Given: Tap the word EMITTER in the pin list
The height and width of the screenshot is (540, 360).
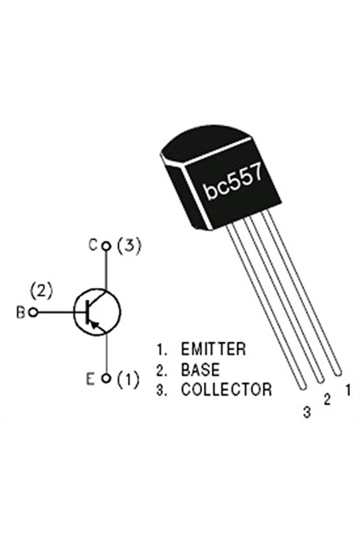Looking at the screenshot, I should pos(213,349).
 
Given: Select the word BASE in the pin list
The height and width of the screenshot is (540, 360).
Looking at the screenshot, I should pos(200,370).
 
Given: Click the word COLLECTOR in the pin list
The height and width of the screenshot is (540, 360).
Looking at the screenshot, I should pos(226,390).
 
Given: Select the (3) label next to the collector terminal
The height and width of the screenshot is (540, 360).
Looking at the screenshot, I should pos(128,246).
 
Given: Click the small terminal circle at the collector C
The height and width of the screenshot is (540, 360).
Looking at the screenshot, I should pos(106,246).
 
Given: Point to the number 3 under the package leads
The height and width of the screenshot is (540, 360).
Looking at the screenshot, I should pos(307,411).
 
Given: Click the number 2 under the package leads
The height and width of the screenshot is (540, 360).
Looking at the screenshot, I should pos(327,400).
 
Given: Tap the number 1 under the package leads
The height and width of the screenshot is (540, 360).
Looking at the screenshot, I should pos(348,391).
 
